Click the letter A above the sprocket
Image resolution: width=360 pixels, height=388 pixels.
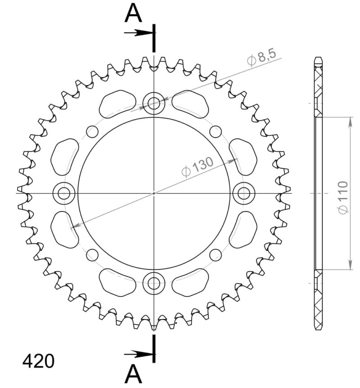pos(133,14)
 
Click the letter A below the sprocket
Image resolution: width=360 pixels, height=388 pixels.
pos(133,373)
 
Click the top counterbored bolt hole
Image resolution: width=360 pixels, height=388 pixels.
pos(154,104)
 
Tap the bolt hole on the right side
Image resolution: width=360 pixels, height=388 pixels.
pos(244,194)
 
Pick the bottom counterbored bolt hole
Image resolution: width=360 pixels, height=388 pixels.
pos(154,284)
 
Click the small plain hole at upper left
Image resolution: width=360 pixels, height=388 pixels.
pos(92,131)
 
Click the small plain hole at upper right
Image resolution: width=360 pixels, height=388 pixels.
pos(216,131)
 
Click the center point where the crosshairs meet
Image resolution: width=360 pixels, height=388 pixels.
pos(154,194)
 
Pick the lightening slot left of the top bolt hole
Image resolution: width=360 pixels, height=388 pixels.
pos(117,104)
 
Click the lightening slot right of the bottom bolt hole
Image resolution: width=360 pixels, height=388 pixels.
pos(191,282)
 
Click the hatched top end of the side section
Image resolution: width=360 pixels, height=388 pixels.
pos(318,79)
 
